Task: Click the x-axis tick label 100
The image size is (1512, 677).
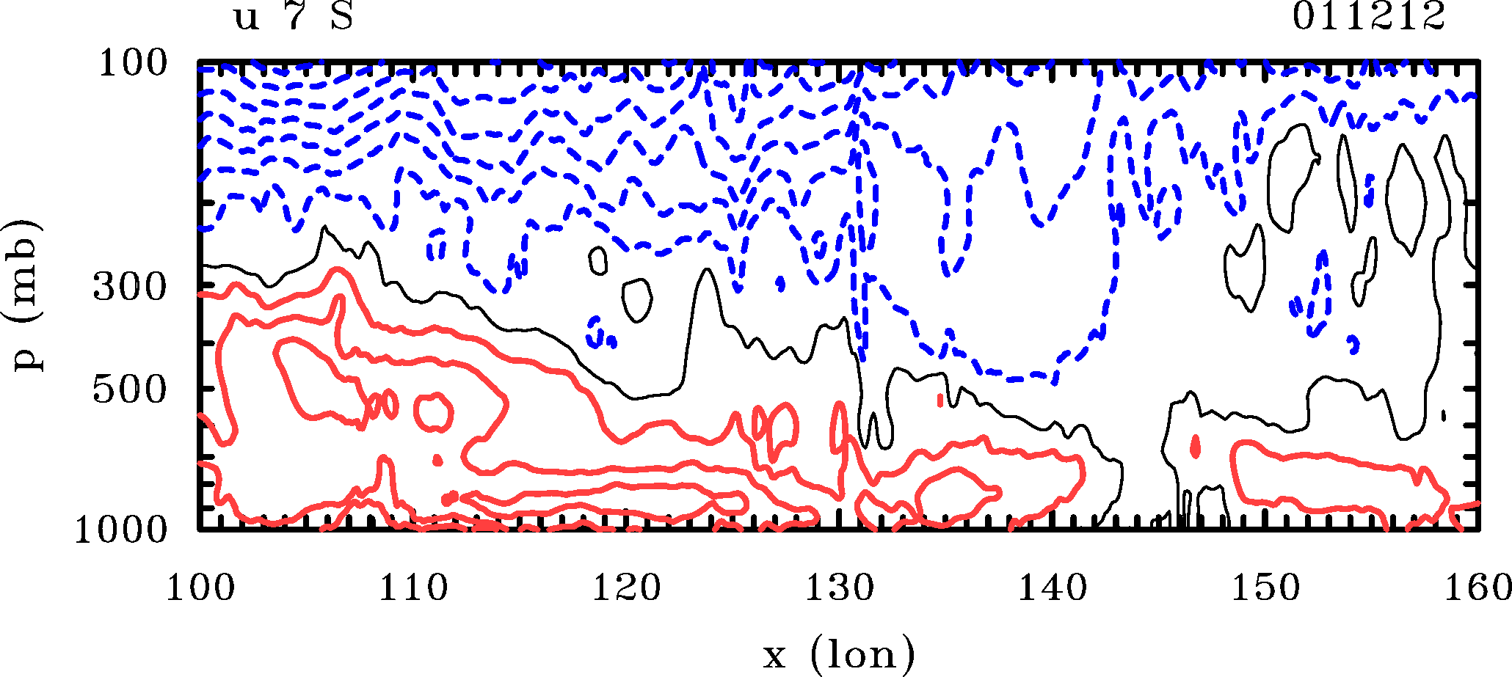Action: pyautogui.click(x=200, y=588)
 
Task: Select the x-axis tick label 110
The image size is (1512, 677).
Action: pyautogui.click(x=412, y=588)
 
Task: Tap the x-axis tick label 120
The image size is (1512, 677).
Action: pyautogui.click(x=626, y=588)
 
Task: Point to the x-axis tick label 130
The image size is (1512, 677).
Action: pyautogui.click(x=840, y=588)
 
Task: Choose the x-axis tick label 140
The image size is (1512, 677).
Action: pyautogui.click(x=1053, y=588)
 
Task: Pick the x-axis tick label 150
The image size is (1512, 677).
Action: pyautogui.click(x=1265, y=588)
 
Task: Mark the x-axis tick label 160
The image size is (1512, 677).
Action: pyautogui.click(x=1477, y=588)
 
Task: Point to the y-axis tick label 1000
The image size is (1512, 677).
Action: pyautogui.click(x=122, y=530)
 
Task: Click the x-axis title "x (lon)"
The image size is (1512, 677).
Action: pyautogui.click(x=839, y=654)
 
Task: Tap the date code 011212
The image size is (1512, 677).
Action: pyautogui.click(x=1369, y=17)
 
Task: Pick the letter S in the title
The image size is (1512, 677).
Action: pyautogui.click(x=342, y=17)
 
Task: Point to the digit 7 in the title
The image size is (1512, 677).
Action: pyautogui.click(x=294, y=17)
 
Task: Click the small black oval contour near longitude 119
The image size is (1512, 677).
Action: pyautogui.click(x=598, y=260)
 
